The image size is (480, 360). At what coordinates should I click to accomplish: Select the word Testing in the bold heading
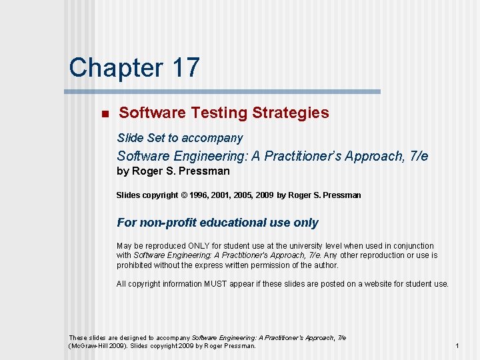[213, 113]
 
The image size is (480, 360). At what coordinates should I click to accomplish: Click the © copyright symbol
[184, 195]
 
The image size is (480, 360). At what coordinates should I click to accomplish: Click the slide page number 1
[457, 346]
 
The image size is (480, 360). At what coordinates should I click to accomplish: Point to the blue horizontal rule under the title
[223, 91]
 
